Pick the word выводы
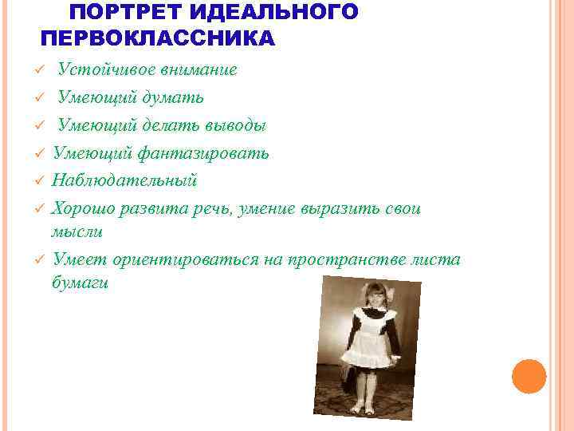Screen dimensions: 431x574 (237, 125)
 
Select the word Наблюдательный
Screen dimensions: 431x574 (124, 180)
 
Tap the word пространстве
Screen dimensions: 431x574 (350, 259)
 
